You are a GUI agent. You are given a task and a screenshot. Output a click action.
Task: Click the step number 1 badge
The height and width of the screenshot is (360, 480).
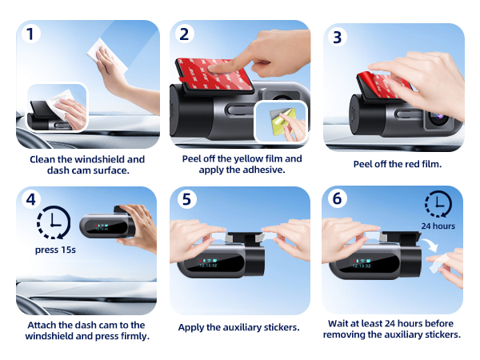(x=30, y=34)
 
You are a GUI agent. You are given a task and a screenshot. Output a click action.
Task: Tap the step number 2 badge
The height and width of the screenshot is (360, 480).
(x=184, y=34)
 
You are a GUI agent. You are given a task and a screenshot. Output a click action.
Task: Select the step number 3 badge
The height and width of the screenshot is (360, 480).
(x=337, y=38)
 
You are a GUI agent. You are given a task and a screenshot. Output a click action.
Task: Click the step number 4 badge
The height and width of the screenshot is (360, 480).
(x=30, y=199)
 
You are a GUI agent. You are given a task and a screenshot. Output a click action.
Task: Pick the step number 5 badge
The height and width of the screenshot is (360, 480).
(x=186, y=199)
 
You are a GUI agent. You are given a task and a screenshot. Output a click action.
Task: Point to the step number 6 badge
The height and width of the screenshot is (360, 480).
(x=337, y=198)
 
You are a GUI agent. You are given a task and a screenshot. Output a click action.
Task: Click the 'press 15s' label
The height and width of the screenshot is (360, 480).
(x=55, y=250)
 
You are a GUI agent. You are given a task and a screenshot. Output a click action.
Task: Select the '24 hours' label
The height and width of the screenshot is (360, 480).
(x=438, y=226)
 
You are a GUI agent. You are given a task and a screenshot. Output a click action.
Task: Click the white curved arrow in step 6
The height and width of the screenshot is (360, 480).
(x=430, y=244)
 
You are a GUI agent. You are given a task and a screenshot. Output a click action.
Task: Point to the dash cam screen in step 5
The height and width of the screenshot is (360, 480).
(x=214, y=262)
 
